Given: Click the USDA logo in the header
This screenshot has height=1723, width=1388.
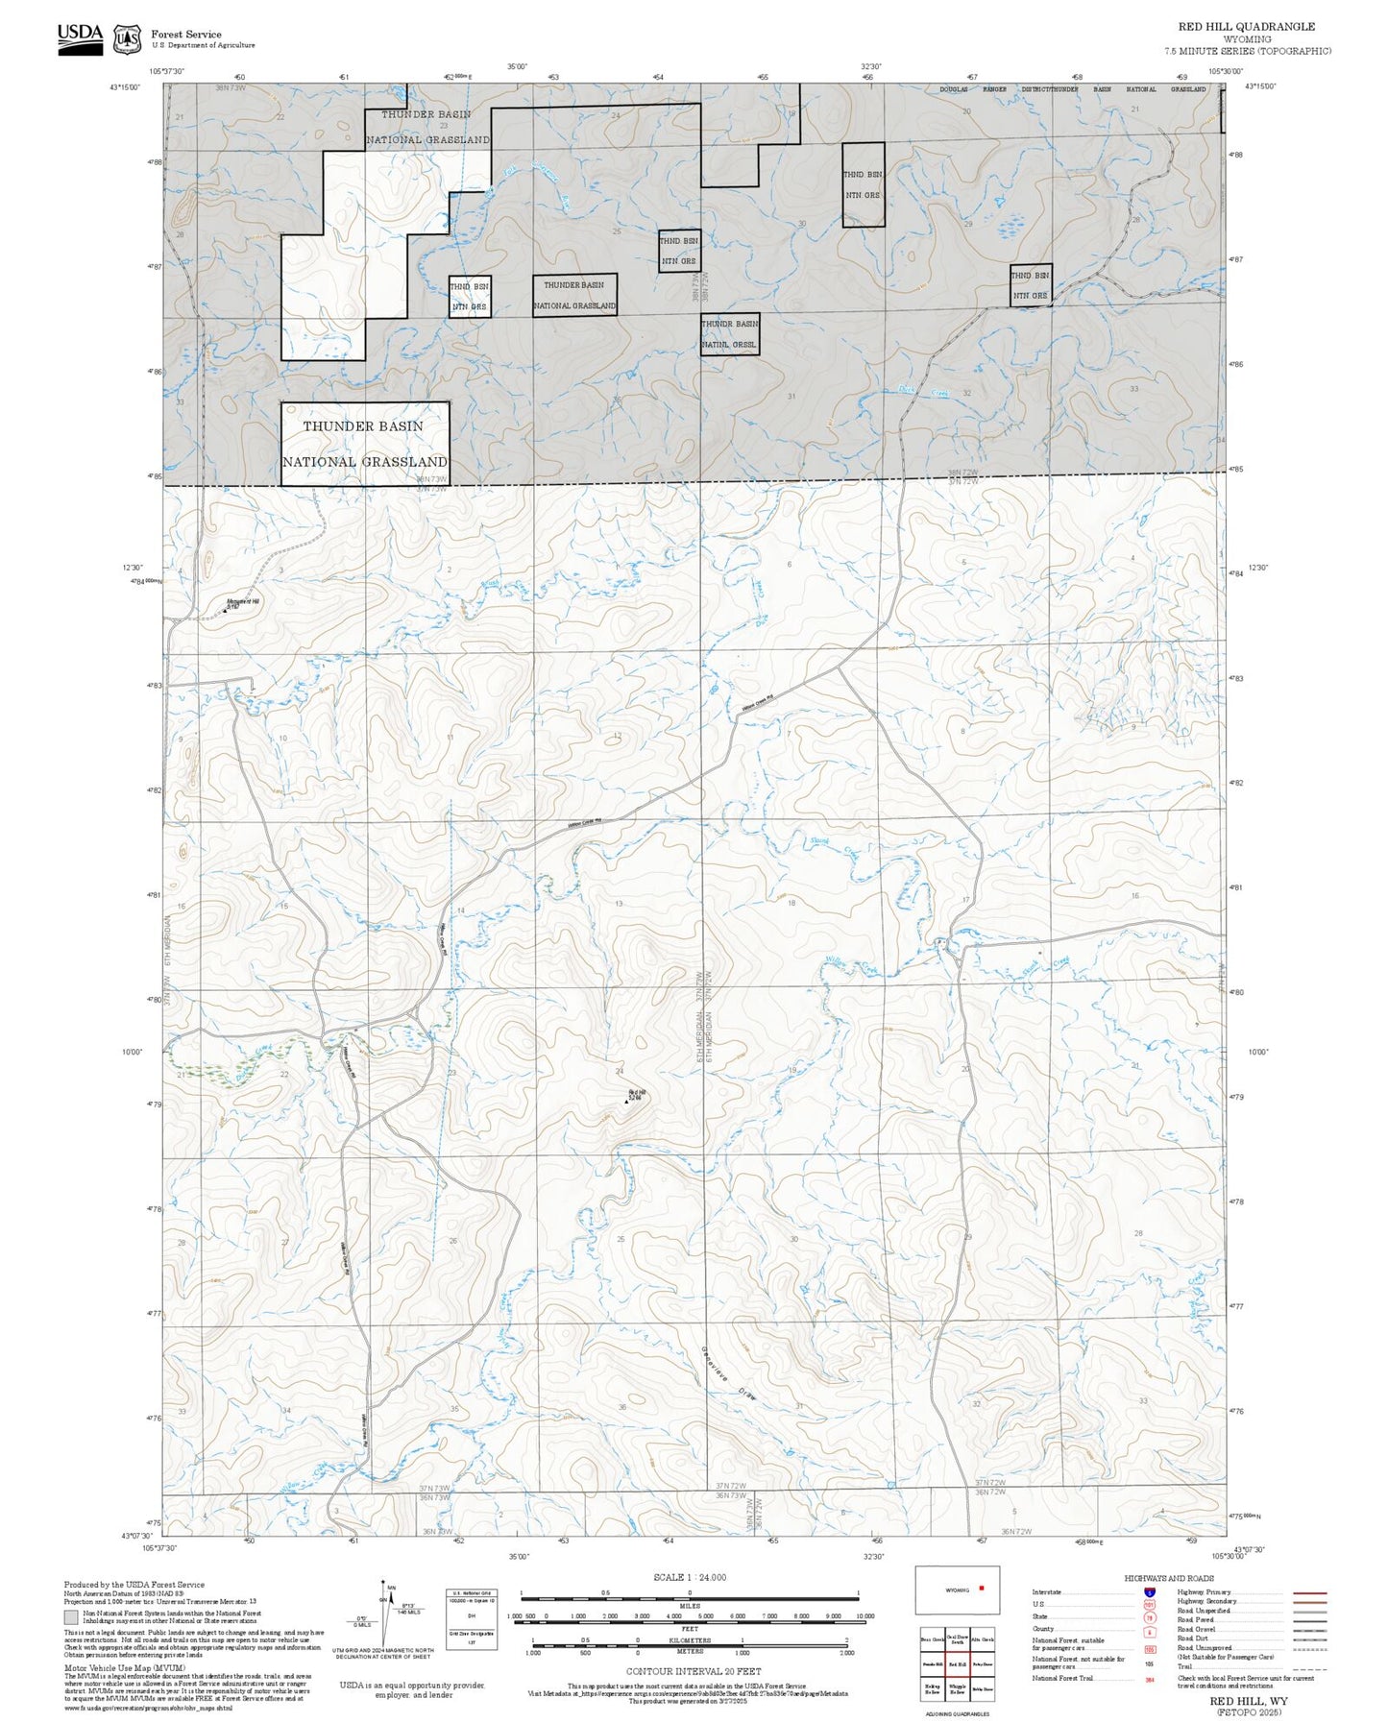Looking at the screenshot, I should (80, 38).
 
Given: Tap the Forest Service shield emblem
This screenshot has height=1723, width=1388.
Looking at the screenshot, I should (127, 39).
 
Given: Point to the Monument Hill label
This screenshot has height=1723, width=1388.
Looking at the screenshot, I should (242, 602).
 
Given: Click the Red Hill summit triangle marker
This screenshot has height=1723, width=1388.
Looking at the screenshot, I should (626, 1102).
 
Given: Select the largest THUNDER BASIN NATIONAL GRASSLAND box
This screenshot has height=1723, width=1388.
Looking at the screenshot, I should (365, 444).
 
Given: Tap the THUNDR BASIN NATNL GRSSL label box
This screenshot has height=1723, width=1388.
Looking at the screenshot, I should (730, 333).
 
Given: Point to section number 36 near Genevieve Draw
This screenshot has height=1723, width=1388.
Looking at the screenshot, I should (622, 1407).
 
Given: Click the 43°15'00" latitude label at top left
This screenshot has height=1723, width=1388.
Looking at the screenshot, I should (124, 87).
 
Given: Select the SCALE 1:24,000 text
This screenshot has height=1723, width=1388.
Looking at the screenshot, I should (689, 1577).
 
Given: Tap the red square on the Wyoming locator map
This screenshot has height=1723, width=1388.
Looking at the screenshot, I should (981, 1589).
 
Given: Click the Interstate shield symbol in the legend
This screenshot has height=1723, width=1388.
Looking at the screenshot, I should (1150, 1592).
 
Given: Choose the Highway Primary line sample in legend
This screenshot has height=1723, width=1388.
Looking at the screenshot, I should (1309, 1592).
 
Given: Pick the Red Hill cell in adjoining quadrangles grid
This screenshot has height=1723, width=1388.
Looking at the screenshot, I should (957, 1663).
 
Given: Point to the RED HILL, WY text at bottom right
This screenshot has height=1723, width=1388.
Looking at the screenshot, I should (1249, 1701).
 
